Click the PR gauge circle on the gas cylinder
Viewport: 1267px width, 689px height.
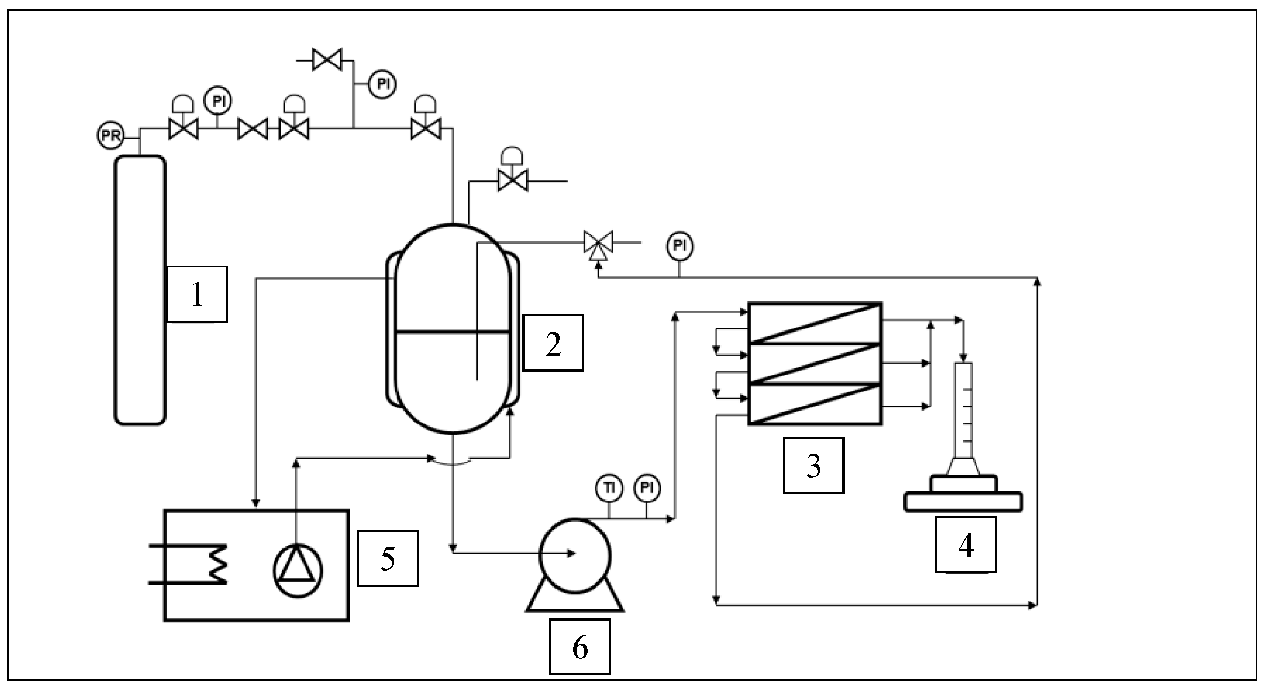click(110, 135)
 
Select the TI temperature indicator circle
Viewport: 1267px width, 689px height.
click(609, 487)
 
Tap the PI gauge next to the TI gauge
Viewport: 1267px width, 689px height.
click(647, 487)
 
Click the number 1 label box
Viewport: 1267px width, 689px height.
click(197, 294)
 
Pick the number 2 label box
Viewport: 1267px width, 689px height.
click(553, 343)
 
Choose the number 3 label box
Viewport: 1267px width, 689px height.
click(813, 465)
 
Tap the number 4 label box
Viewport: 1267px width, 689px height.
click(965, 544)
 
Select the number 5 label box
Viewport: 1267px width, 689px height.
click(388, 558)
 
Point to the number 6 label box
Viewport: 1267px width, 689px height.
click(580, 647)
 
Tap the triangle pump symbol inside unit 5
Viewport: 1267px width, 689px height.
click(297, 570)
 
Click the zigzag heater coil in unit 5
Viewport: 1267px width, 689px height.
click(216, 564)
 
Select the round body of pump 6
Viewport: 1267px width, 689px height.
click(575, 554)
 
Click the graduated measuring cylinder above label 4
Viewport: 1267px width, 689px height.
click(963, 413)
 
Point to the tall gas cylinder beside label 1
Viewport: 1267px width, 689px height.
click(140, 290)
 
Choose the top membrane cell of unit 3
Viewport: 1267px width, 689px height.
click(814, 323)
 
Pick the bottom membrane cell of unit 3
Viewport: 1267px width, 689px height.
click(814, 404)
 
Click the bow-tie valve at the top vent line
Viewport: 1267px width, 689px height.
click(327, 60)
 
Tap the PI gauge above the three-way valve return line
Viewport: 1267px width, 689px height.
click(679, 246)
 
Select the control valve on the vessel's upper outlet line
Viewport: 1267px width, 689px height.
click(513, 180)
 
